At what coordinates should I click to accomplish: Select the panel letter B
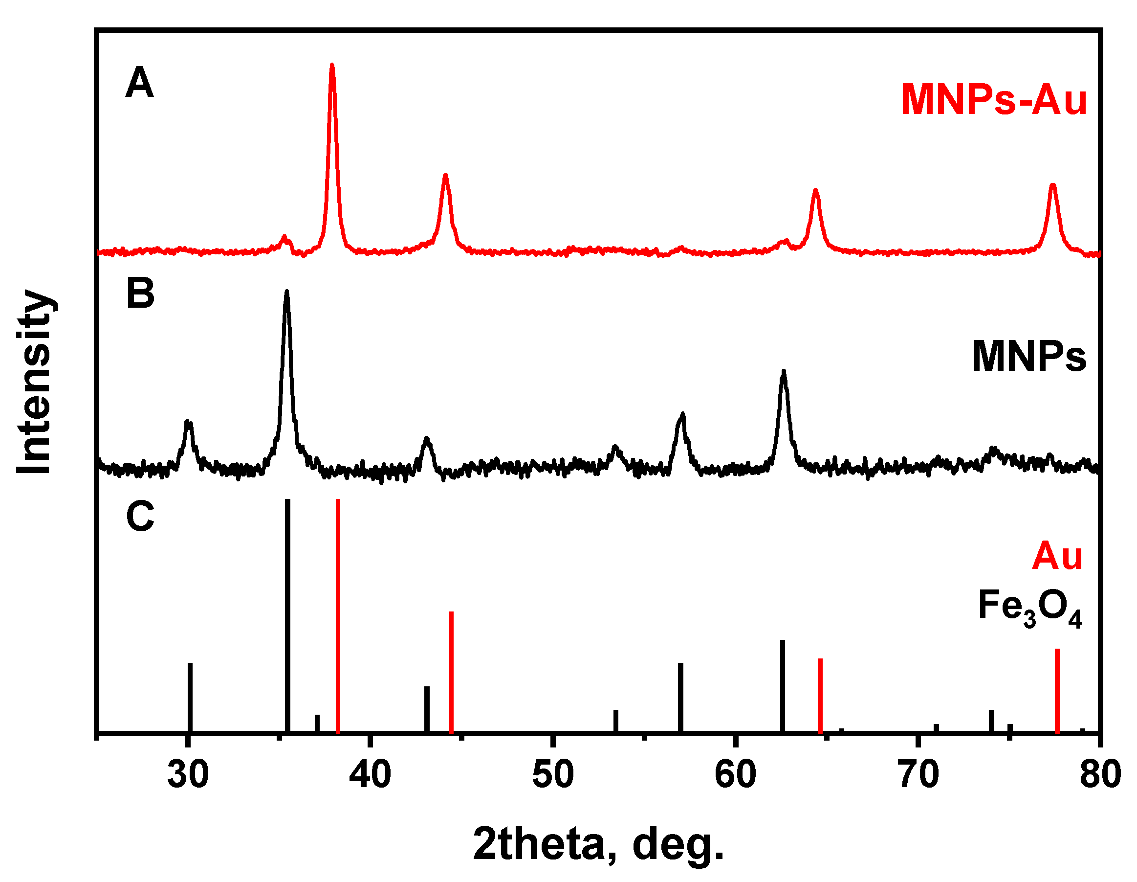[x=141, y=293]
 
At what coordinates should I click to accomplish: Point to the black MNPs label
[x=1028, y=357]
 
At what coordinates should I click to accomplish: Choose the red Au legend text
[x=1057, y=556]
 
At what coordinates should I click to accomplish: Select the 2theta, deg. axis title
[x=598, y=845]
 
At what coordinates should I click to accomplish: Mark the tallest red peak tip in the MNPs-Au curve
[x=332, y=66]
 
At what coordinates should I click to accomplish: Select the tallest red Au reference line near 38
[x=338, y=615]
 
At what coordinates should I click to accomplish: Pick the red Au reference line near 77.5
[x=1057, y=690]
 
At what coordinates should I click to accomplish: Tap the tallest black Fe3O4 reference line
[x=287, y=615]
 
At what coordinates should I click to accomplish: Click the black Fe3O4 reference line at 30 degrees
[x=190, y=697]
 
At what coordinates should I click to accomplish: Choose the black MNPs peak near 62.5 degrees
[x=784, y=372]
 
